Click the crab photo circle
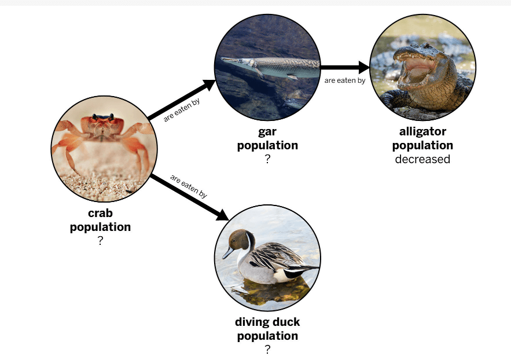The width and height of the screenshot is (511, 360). tap(104, 150)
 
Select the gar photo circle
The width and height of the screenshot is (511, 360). tap(267, 67)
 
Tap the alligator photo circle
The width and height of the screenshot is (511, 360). tap(422, 67)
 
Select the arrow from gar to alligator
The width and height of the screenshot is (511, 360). tap(345, 67)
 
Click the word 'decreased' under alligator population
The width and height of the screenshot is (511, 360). tap(422, 159)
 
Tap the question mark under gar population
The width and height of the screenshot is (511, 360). tap(267, 159)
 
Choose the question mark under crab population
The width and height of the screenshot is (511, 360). tap(100, 241)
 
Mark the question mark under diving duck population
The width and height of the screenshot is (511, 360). tap(267, 350)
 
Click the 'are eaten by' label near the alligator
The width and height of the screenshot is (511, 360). tap(345, 80)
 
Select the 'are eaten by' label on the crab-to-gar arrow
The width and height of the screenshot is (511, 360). tap(182, 110)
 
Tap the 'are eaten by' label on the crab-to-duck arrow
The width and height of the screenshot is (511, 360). tap(189, 186)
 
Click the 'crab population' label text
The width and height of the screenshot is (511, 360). tap(100, 220)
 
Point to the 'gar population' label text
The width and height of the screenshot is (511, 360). tap(267, 138)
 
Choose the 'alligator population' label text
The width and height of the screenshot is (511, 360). tap(422, 138)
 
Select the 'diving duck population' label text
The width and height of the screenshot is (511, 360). tap(267, 329)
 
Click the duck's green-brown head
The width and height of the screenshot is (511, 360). tap(239, 240)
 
